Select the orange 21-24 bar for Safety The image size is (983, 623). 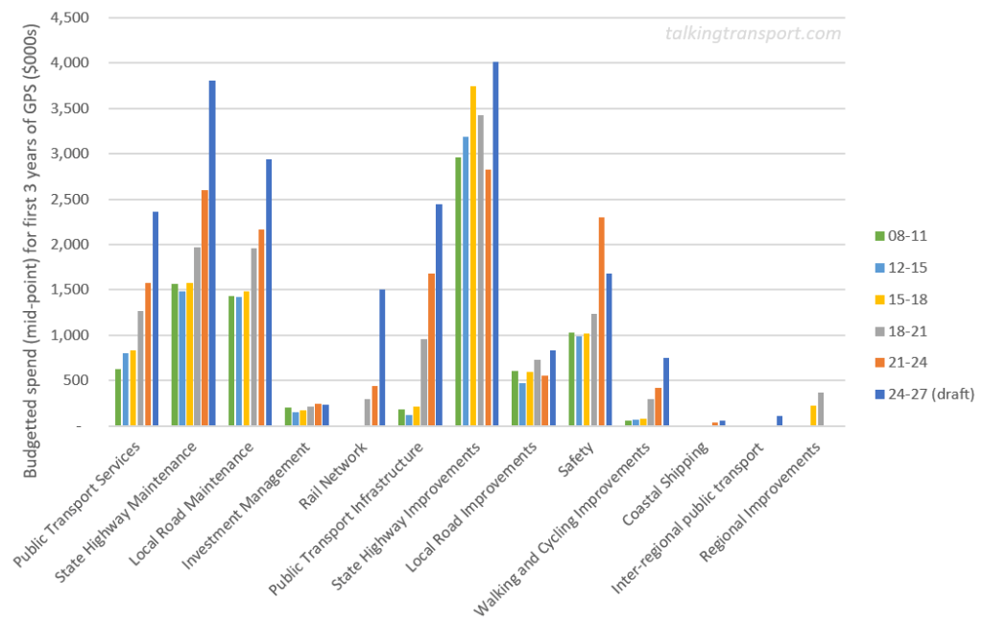601,322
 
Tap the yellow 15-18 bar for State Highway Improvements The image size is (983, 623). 473,255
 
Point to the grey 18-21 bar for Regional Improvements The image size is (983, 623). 820,409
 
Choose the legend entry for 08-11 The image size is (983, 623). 901,235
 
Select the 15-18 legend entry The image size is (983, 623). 901,299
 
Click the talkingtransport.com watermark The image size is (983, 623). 753,34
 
